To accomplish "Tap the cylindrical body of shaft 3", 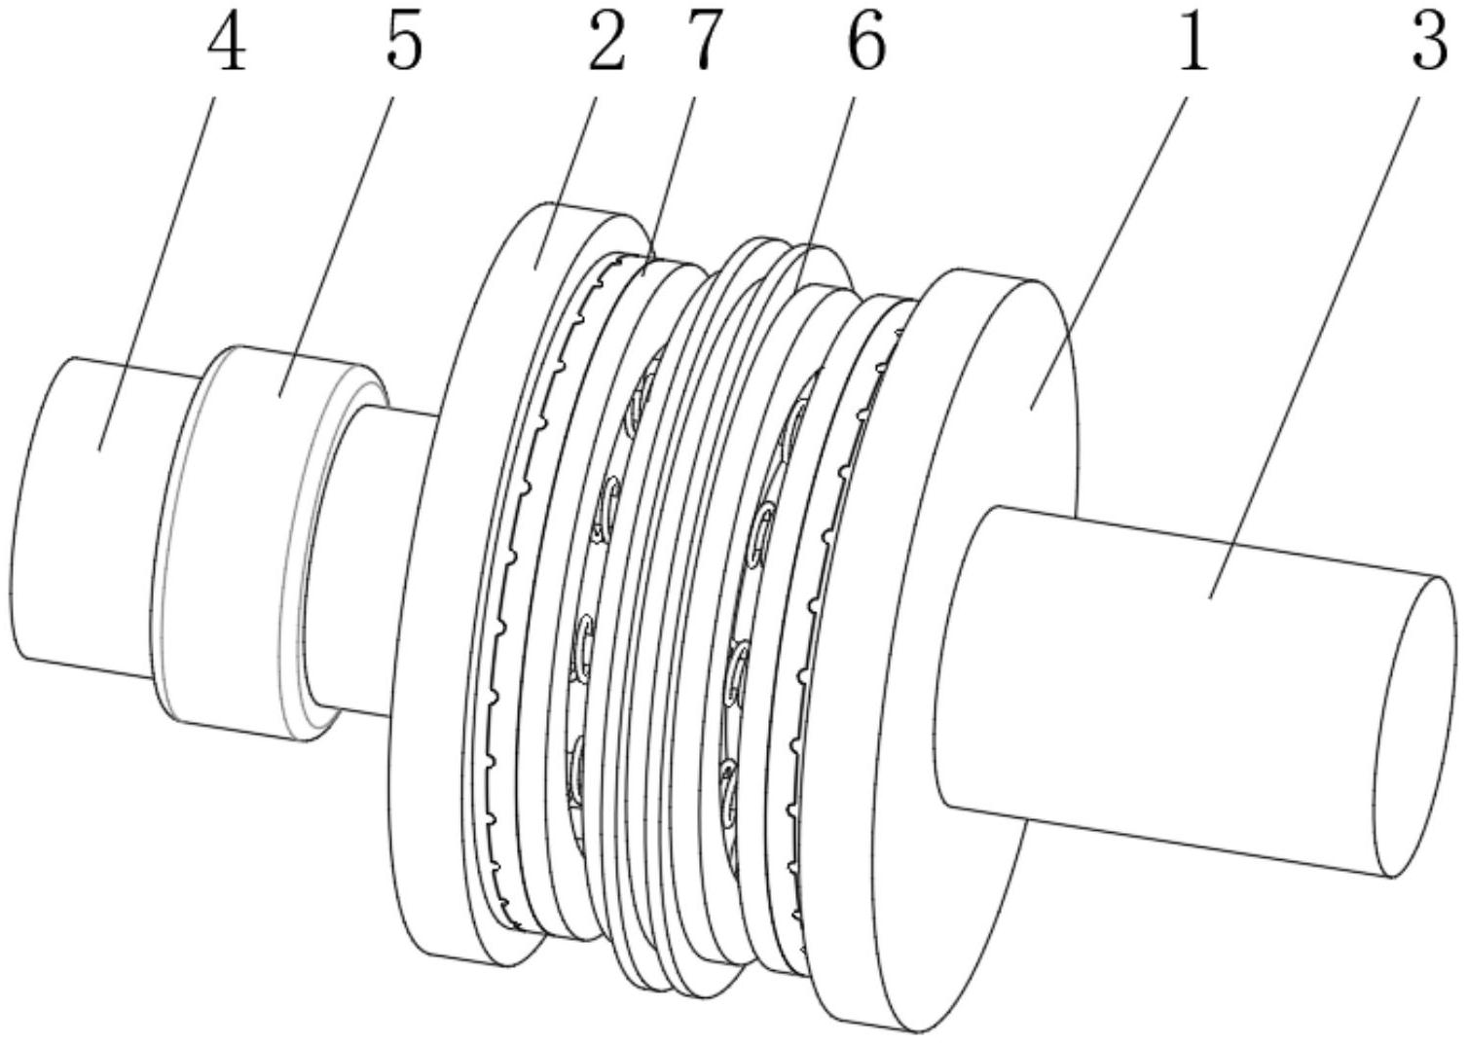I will coord(1168,681).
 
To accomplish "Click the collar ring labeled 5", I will coord(243,545).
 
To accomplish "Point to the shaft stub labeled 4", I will coord(88,516).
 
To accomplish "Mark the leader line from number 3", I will coord(1314,341).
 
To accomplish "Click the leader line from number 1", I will coord(1110,243).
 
